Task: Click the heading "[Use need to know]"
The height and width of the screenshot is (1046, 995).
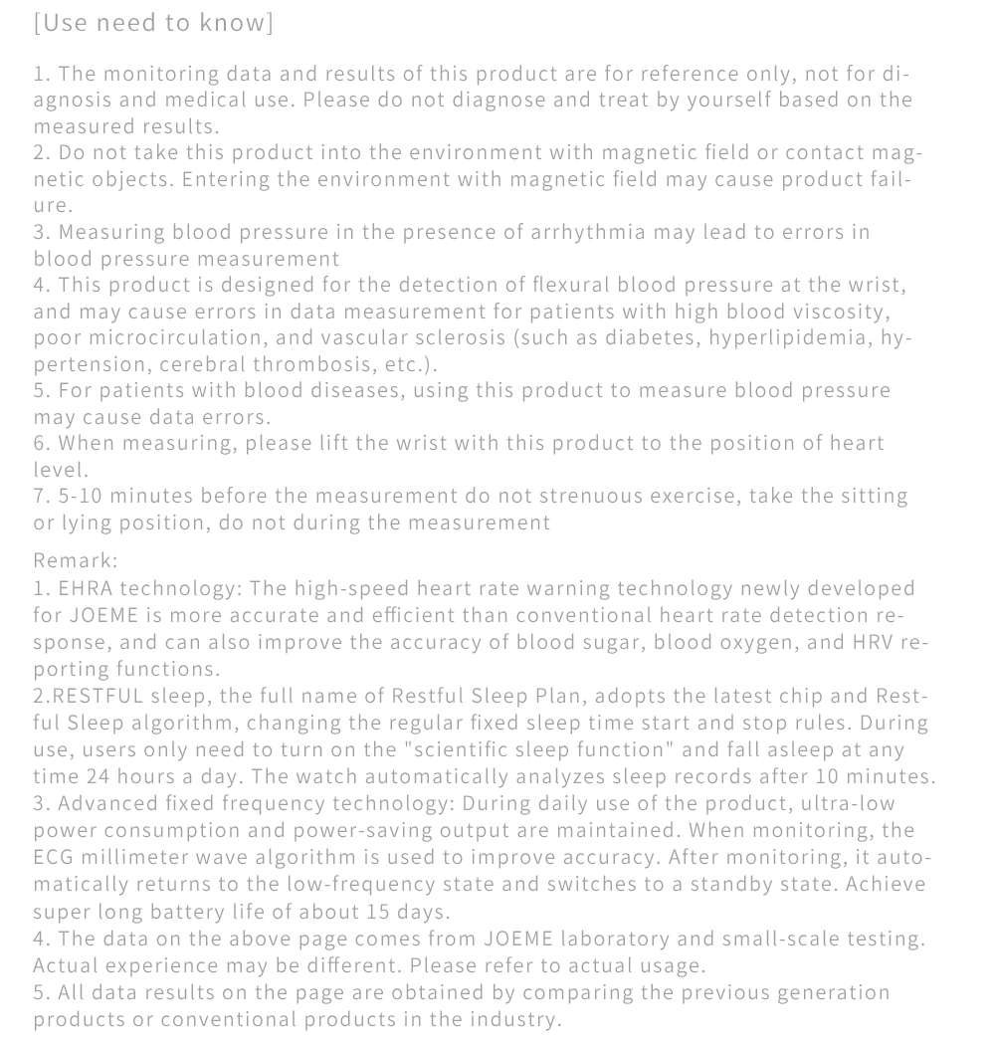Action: tap(153, 23)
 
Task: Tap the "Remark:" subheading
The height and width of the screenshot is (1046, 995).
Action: tap(76, 561)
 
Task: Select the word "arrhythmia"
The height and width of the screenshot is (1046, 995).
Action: tap(587, 232)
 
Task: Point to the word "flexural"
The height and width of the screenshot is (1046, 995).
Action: tap(562, 286)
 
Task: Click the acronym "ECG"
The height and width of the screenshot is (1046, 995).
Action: tap(56, 857)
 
